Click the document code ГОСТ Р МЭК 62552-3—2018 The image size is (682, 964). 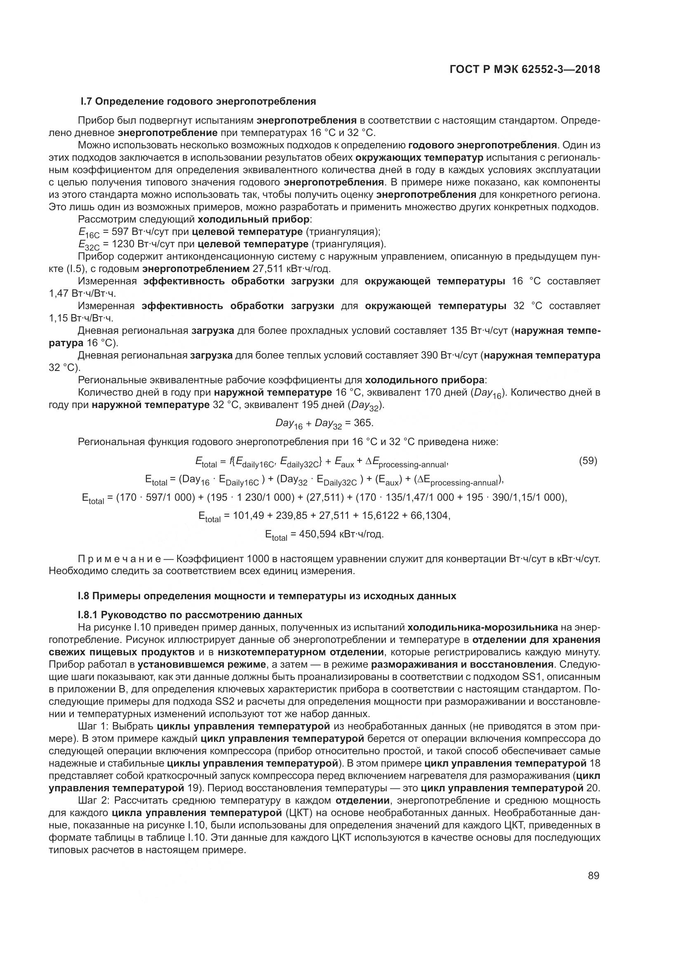(524, 70)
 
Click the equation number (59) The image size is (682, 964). (588, 461)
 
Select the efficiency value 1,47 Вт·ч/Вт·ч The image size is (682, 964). (82, 293)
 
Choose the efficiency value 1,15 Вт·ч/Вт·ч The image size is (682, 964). (82, 318)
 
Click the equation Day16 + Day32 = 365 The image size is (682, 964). (324, 423)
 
